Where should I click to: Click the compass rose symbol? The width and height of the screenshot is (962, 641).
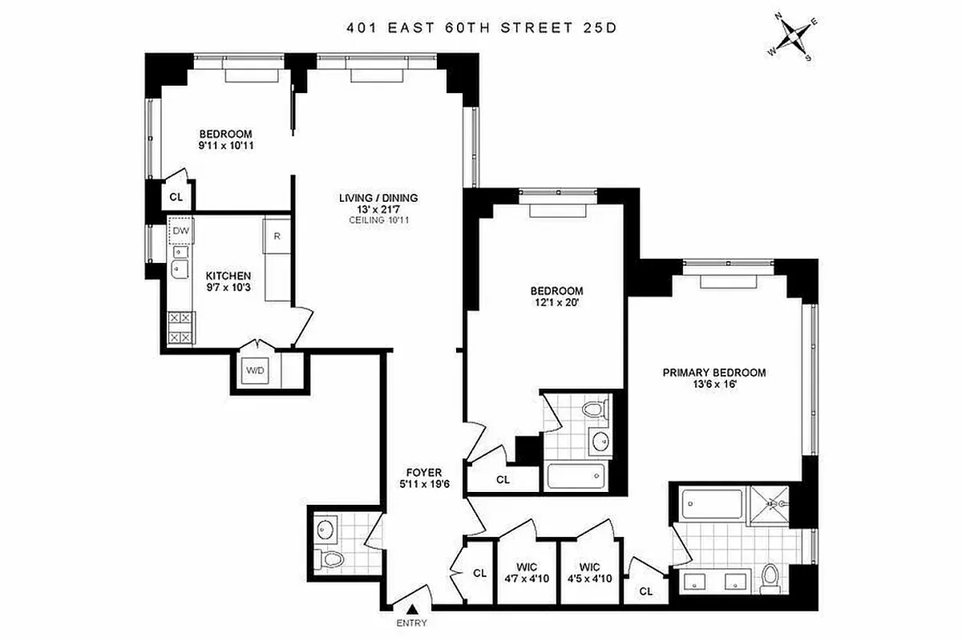[792, 38]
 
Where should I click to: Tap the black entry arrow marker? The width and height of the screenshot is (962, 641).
[412, 611]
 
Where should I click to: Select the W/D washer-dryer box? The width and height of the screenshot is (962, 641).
[255, 371]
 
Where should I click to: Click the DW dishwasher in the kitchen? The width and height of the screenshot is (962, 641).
[181, 232]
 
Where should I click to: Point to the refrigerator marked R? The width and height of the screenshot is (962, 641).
[277, 236]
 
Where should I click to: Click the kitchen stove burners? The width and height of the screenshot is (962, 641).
[180, 328]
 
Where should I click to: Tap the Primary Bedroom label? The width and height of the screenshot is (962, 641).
[713, 373]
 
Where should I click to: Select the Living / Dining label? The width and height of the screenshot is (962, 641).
[379, 198]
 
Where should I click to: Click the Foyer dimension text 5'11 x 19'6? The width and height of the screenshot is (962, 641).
[424, 484]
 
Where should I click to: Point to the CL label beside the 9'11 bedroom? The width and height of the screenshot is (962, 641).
[176, 196]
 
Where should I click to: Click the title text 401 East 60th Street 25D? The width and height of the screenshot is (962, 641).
[481, 27]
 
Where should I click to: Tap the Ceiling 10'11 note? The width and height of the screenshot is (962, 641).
[379, 220]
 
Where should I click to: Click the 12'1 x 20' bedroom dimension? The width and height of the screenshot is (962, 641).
[556, 303]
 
